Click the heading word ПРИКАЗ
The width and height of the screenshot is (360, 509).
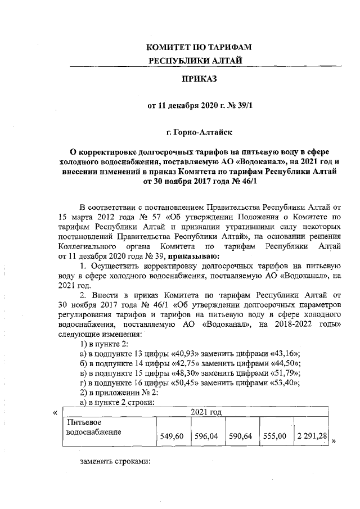point(197,80)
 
